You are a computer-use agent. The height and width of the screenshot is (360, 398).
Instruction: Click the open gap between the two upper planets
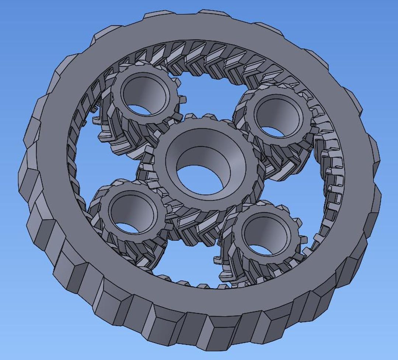tap(206, 96)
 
